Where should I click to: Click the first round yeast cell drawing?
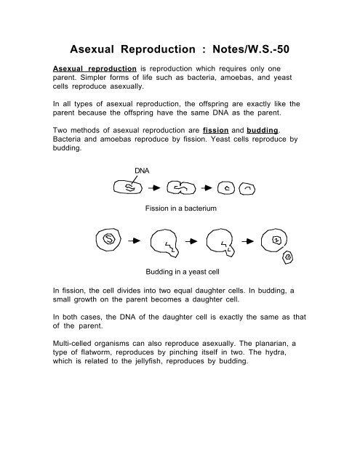(108, 239)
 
